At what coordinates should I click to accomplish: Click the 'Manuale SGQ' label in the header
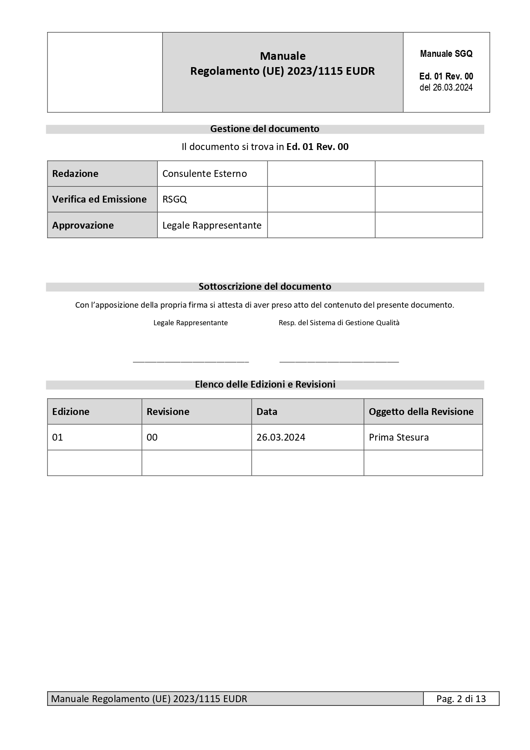coord(446,54)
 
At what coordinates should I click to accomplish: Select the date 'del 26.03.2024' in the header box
coord(446,88)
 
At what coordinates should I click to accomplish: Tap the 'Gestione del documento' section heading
coord(265,129)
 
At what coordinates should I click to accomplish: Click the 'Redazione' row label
coord(75,174)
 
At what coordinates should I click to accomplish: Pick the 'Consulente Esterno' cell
coord(205,174)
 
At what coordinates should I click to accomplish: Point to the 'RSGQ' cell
coord(175,199)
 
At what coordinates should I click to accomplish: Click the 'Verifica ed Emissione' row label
coord(99,199)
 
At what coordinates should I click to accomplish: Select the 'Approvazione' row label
coord(83,225)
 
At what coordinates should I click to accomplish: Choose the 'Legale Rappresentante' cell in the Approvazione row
coord(212,225)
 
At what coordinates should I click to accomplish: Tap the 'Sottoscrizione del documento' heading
coord(265,286)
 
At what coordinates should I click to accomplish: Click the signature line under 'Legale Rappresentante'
coord(191,362)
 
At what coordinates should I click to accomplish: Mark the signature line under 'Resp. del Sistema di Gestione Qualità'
coord(339,362)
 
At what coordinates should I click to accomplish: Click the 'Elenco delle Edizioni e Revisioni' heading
coord(265,384)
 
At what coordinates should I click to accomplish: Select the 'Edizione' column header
coord(71,412)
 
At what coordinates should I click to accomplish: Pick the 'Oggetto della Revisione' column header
coord(421,412)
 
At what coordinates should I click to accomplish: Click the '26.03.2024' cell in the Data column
coord(281,437)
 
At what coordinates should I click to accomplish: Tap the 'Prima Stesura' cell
coord(399,437)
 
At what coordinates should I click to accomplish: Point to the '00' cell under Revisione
coord(152,437)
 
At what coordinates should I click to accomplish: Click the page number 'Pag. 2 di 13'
coord(461,699)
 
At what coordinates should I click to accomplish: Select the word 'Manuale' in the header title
coord(283,56)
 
